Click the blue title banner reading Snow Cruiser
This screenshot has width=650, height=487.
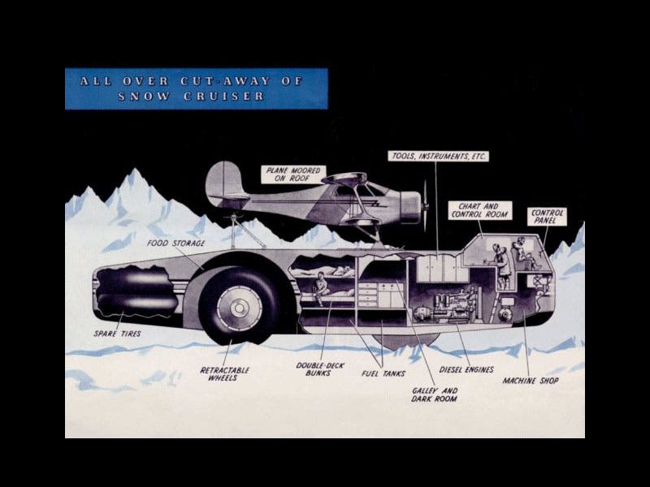tap(197, 88)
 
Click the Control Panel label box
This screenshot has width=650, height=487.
tap(547, 218)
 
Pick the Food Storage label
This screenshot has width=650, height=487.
tap(175, 243)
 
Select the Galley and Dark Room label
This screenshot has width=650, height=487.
tap(434, 395)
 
